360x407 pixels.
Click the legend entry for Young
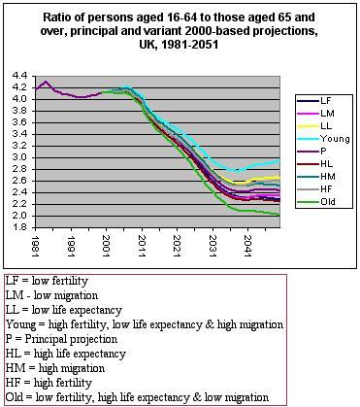pyautogui.click(x=325, y=138)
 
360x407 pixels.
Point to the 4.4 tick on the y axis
pyautogui.click(x=17, y=75)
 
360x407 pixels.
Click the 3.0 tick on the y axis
pyautogui.click(x=17, y=156)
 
